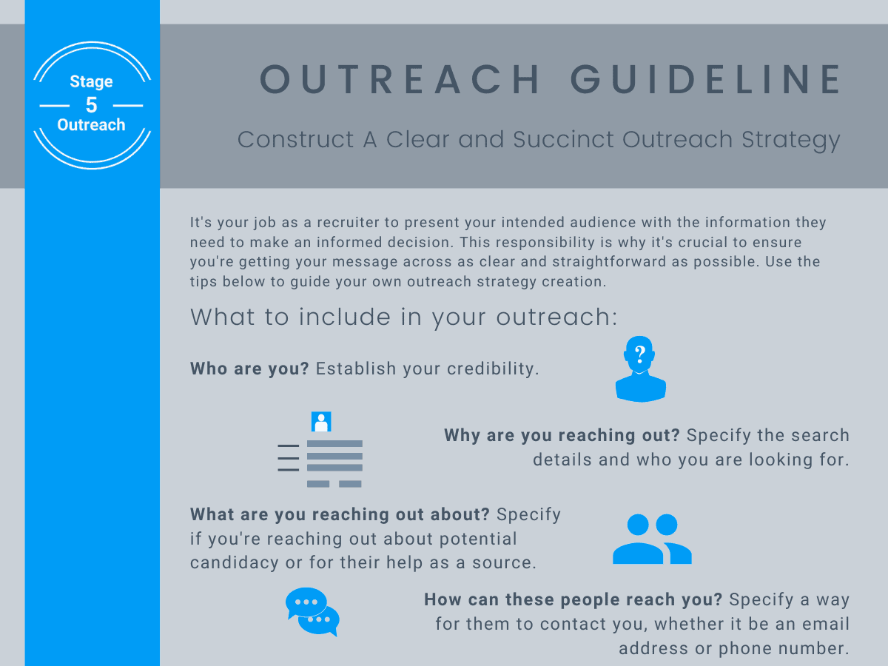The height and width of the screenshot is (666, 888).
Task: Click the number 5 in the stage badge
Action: pos(91,104)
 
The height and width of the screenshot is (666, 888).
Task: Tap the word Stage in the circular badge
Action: pos(91,81)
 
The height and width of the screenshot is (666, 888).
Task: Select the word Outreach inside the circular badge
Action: pos(91,125)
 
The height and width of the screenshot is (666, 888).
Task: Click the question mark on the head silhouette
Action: pos(640,353)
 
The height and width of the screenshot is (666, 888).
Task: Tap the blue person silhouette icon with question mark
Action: pos(640,370)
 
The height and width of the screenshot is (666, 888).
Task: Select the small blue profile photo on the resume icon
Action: pos(321,422)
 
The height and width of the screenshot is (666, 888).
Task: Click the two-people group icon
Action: pos(652,539)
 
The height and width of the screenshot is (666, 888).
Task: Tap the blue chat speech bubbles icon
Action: pos(312,611)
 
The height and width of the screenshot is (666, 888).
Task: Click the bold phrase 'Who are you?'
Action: pos(249,369)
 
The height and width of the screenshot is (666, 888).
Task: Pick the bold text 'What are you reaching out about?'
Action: pos(340,514)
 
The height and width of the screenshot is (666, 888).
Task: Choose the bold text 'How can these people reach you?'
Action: pos(573,599)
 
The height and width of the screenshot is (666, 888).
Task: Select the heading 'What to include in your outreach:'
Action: pos(403,317)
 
